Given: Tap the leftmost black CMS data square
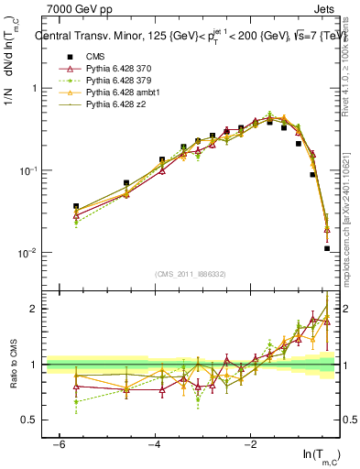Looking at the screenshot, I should tap(76, 207).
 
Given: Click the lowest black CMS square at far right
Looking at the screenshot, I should tap(327, 248).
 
